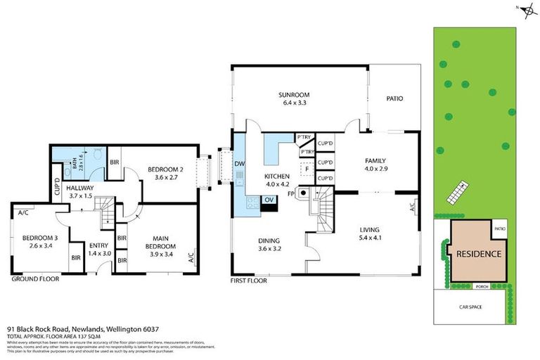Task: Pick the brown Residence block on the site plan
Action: point(478,254)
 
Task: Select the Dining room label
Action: point(270,239)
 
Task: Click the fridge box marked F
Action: point(305,169)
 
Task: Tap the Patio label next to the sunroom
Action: point(394,98)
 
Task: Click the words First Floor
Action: point(249,280)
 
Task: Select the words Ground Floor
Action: point(35,279)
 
